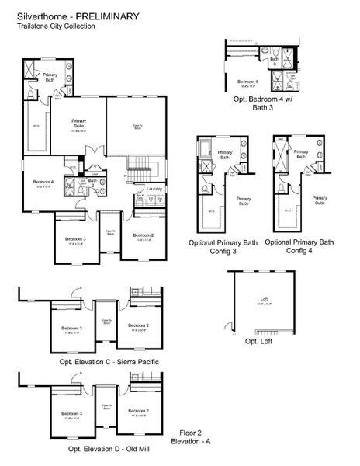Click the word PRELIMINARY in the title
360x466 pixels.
pos(107,15)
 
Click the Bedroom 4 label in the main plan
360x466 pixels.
pos(43,183)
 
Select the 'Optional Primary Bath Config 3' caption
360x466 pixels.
pos(223,247)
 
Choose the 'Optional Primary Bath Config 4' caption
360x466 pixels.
pos(299,247)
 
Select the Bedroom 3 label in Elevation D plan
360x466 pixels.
pos(74,412)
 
